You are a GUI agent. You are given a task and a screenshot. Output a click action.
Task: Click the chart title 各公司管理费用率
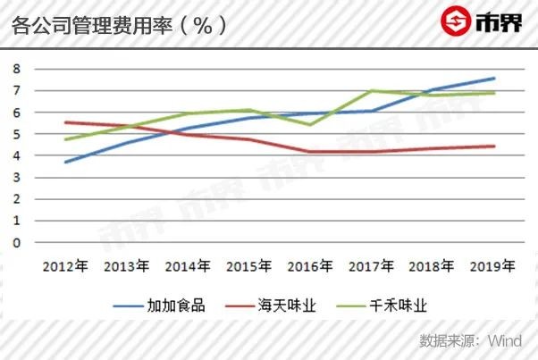pyautogui.click(x=92, y=26)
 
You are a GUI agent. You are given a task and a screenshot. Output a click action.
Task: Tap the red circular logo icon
pyautogui.click(x=456, y=21)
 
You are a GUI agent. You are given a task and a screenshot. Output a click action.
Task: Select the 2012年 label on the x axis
pyautogui.click(x=65, y=266)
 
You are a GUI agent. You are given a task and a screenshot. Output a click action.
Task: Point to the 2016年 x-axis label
pyautogui.click(x=310, y=266)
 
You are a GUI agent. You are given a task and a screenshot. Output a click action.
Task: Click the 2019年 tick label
pyautogui.click(x=492, y=266)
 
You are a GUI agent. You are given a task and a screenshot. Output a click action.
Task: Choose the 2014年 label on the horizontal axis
pyautogui.click(x=188, y=266)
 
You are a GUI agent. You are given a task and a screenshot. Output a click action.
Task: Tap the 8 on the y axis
pyautogui.click(x=16, y=69)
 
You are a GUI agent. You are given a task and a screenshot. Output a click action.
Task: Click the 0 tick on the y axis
pyautogui.click(x=16, y=243)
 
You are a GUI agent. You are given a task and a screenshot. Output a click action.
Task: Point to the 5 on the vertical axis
pyautogui.click(x=16, y=134)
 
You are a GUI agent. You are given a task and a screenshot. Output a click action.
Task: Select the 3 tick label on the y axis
pyautogui.click(x=16, y=178)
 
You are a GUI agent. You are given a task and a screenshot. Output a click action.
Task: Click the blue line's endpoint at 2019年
pyautogui.click(x=494, y=79)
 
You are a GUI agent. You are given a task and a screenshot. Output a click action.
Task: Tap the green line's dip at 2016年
pyautogui.click(x=310, y=124)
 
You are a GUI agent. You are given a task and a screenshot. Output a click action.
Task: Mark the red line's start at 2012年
pyautogui.click(x=65, y=122)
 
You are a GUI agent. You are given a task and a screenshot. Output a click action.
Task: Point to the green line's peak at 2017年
pyautogui.click(x=371, y=91)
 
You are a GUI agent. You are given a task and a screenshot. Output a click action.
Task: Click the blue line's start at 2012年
pyautogui.click(x=65, y=162)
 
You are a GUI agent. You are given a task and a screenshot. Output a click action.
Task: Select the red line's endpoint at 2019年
pyautogui.click(x=494, y=147)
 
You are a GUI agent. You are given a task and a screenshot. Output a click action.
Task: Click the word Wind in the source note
pyautogui.click(x=505, y=341)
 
